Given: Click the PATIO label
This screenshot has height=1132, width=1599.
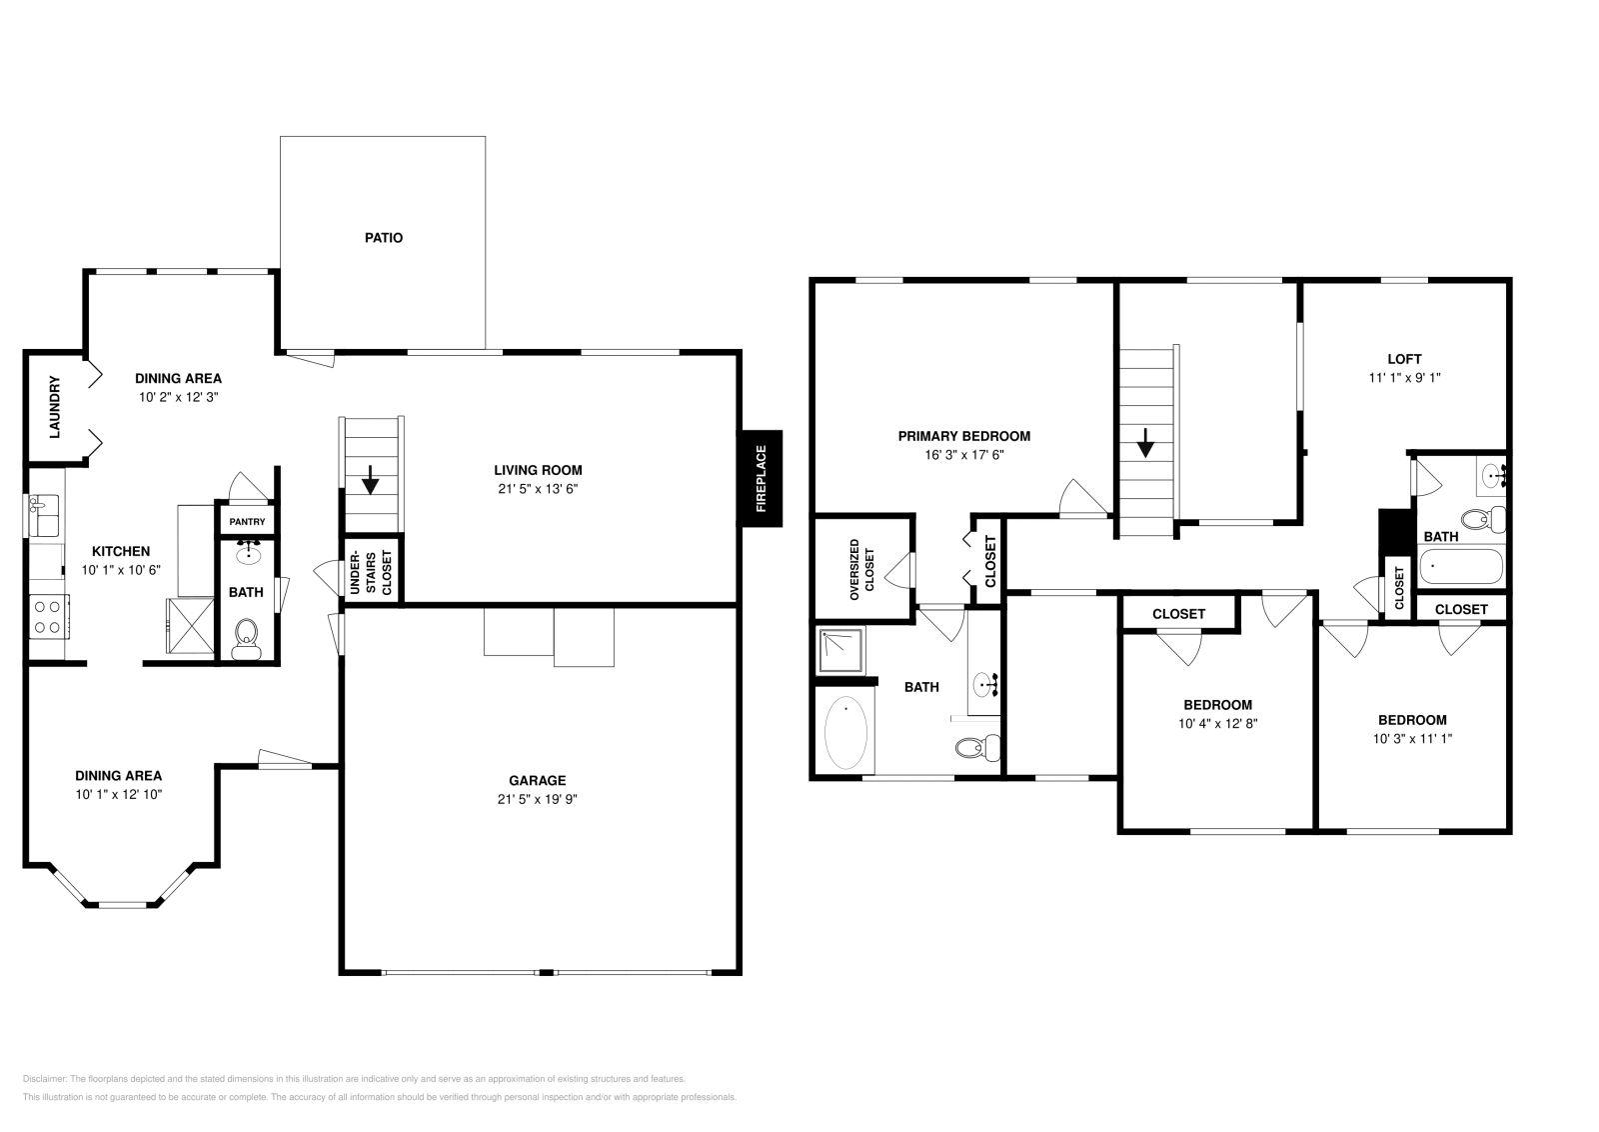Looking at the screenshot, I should [x=384, y=238].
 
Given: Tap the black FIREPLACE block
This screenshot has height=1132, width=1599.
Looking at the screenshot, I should [x=761, y=478].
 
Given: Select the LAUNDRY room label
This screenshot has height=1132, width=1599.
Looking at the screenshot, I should [x=55, y=407].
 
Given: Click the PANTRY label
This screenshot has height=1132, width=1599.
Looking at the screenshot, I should [x=247, y=522].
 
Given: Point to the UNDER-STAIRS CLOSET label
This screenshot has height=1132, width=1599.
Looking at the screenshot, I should [x=372, y=573].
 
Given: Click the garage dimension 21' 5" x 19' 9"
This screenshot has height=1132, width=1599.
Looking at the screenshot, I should [x=538, y=800].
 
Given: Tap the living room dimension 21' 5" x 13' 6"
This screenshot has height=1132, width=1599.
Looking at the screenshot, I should [x=538, y=489].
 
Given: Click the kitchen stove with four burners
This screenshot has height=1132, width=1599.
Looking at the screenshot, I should [x=46, y=615].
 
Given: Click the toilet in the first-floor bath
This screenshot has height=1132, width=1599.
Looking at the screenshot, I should [x=246, y=636].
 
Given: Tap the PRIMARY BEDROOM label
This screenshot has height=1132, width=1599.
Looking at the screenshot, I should [x=963, y=436].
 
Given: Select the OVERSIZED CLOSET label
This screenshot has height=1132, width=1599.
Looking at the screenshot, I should [x=861, y=570].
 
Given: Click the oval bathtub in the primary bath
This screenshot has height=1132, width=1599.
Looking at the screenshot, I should [x=845, y=733].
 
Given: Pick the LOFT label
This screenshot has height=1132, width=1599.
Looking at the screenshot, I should [x=1404, y=359].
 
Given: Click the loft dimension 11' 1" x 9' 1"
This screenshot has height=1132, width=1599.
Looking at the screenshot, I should [x=1404, y=378].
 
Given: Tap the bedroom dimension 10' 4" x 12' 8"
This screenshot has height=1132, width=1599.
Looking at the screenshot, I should [x=1217, y=724].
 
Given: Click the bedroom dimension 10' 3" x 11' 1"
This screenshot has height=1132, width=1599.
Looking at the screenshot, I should [x=1412, y=739].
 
